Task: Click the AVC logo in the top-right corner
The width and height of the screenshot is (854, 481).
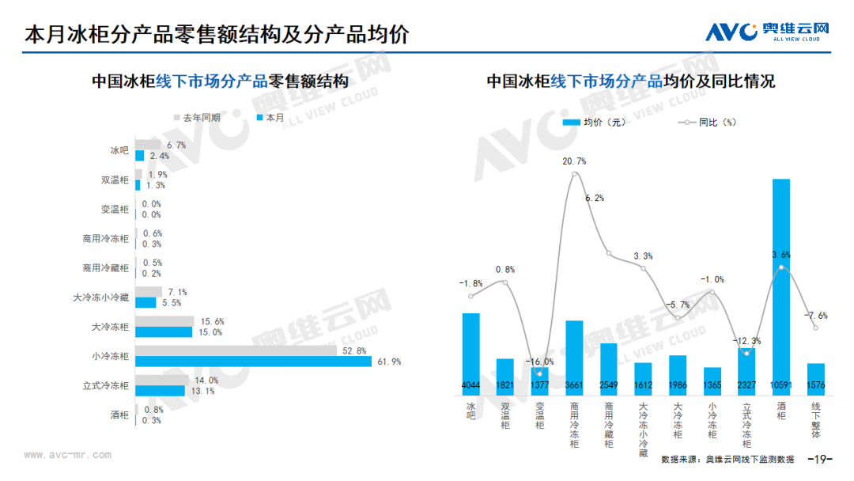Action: [x=767, y=32]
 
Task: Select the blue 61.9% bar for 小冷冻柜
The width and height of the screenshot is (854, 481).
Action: [x=253, y=362]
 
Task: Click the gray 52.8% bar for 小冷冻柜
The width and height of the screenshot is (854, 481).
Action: [x=236, y=350]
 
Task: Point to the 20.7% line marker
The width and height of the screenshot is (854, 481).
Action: [x=575, y=174]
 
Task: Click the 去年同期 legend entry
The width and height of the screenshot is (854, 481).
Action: [x=197, y=118]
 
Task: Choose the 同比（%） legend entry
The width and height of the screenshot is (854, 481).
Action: [x=707, y=123]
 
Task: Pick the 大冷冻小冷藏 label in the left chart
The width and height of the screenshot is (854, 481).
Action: [x=100, y=297]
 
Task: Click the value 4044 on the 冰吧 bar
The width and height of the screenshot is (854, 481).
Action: [x=470, y=385]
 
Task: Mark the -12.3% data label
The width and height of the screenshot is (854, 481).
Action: [x=746, y=341]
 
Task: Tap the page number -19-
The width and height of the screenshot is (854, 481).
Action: [x=820, y=459]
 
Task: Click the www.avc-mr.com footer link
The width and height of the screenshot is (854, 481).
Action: [x=67, y=455]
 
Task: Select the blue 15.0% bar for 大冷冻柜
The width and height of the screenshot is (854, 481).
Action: [x=164, y=332]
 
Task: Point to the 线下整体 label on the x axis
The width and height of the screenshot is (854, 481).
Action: [x=815, y=420]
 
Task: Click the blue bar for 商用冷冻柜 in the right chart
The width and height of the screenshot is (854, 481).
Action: [x=574, y=358]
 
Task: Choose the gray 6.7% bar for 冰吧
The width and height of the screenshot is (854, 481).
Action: [x=148, y=145]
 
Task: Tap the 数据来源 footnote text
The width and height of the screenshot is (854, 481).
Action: [x=727, y=459]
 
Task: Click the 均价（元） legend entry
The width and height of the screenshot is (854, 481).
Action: [x=594, y=123]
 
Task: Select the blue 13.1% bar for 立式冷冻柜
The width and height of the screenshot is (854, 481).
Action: [x=160, y=391]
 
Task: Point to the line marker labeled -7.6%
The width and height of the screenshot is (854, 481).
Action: [x=815, y=328]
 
